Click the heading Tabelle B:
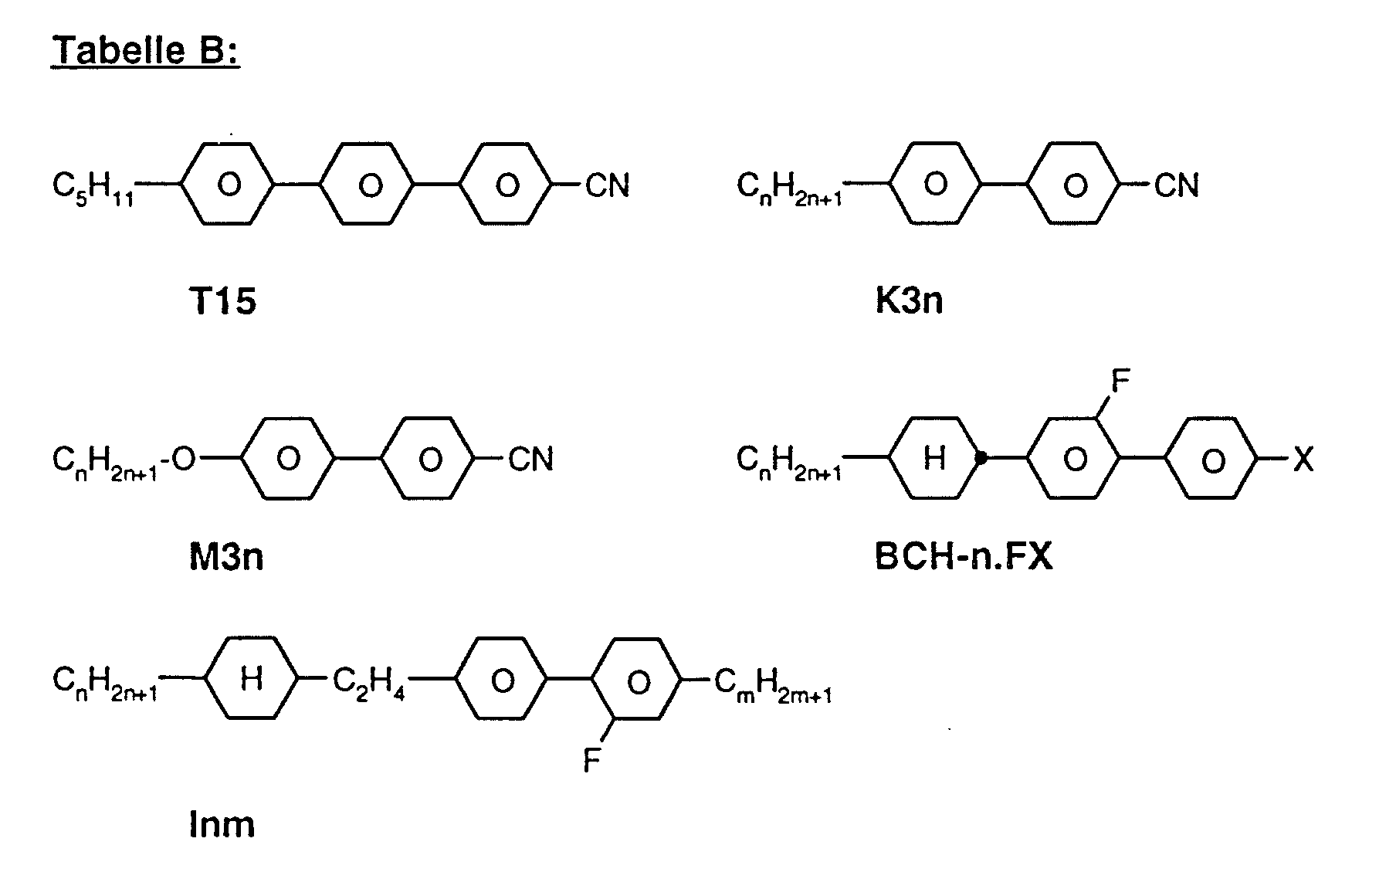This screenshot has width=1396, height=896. click(x=145, y=51)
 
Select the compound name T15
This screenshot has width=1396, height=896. click(x=222, y=300)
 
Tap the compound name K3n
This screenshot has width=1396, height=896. click(x=909, y=300)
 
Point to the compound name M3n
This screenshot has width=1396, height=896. click(x=226, y=556)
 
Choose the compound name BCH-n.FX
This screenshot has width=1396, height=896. click(x=964, y=556)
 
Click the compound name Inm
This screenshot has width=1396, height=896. click(x=222, y=825)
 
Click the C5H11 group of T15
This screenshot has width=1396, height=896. click(x=93, y=187)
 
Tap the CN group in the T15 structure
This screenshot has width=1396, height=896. click(x=608, y=185)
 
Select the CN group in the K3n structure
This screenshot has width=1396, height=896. click(x=1176, y=185)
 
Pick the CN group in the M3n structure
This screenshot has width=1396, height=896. click(x=530, y=460)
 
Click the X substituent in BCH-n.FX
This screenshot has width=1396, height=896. click(x=1303, y=461)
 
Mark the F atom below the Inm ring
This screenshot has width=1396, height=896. click(x=591, y=762)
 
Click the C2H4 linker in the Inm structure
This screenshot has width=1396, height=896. click(x=369, y=681)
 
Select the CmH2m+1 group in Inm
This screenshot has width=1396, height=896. click(x=773, y=684)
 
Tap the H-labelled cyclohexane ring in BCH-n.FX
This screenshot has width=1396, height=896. click(x=934, y=459)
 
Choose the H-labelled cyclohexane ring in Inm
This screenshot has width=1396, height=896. click(x=251, y=680)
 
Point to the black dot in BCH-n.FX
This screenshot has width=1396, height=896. click(x=981, y=459)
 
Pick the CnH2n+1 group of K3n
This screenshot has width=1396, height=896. click(x=789, y=188)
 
